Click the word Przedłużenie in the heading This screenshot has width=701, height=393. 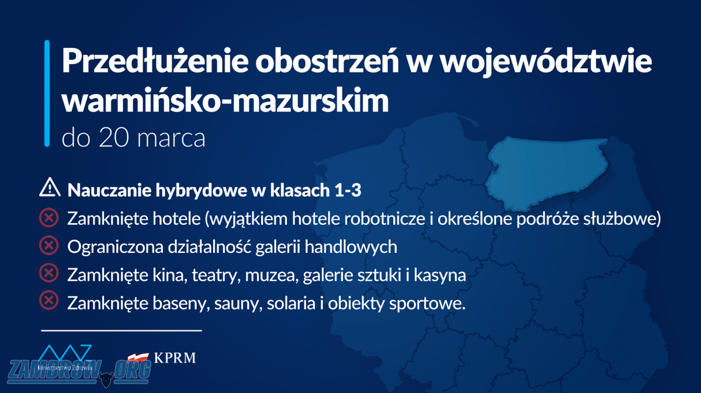tap(155, 61)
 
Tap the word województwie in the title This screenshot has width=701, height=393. tap(546, 61)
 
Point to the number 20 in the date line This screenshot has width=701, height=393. tap(113, 138)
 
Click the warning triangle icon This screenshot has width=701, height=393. tap(50, 187)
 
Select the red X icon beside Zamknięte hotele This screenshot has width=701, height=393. tap(49, 217)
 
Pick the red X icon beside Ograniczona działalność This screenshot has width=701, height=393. tap(49, 245)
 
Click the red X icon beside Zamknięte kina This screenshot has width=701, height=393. tap(49, 273)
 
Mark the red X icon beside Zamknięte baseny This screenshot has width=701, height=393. tap(49, 300)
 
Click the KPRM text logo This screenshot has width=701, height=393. tap(175, 357)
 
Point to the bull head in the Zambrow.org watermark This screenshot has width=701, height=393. tap(106, 379)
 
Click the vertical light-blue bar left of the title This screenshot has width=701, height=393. tap(47, 93)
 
